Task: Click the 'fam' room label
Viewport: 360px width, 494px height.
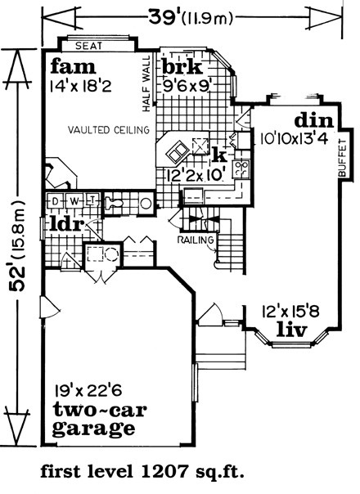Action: (73, 67)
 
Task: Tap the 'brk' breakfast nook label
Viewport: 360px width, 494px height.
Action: (182, 67)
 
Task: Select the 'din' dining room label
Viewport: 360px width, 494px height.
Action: (313, 121)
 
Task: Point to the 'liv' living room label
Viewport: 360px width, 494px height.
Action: (292, 330)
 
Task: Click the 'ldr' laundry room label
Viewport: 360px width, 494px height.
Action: (67, 225)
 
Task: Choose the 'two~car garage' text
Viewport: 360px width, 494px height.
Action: (99, 419)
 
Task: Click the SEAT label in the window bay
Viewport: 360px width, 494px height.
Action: (89, 46)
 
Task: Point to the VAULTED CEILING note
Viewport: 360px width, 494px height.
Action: (109, 130)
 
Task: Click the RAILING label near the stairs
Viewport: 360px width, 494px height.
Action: (196, 240)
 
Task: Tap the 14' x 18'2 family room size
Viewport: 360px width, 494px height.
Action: (81, 86)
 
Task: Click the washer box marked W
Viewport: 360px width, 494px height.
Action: (74, 200)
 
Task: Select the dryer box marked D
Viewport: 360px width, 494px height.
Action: (56, 200)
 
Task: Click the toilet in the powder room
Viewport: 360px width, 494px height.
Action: (114, 203)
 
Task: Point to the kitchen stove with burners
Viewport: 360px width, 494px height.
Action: (241, 168)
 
